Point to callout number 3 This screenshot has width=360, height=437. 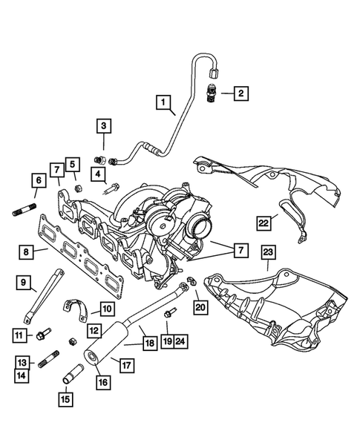(x=105, y=127)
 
